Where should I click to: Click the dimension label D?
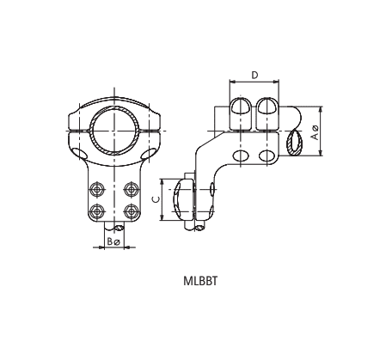(x=254, y=76)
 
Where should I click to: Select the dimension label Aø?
(x=316, y=132)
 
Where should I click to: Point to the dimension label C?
(x=155, y=199)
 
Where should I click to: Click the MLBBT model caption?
(x=199, y=280)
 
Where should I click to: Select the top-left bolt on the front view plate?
(x=96, y=189)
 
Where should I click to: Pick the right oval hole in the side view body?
(x=267, y=156)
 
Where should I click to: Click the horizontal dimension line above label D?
(x=254, y=83)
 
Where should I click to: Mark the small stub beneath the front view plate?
(x=113, y=229)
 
